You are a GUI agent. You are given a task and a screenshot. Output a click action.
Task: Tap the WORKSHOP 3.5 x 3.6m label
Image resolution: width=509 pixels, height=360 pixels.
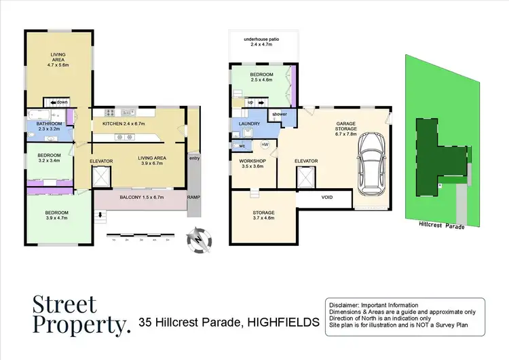coord(254,163)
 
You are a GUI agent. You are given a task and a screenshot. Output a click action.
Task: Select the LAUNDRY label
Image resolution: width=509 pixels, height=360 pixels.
coord(244,124)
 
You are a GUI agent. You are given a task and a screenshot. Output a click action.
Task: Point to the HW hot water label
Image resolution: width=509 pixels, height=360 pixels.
coord(265,145)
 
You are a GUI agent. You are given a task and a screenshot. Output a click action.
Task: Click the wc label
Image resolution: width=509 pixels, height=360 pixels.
coord(242,145)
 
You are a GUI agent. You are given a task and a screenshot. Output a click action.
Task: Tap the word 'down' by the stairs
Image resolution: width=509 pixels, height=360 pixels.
coord(60,102)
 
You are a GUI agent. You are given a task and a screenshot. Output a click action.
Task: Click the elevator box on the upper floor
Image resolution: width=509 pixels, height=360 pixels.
coord(102,177)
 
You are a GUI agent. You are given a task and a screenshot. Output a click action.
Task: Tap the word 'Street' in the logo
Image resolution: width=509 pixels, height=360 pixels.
coord(65,304)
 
